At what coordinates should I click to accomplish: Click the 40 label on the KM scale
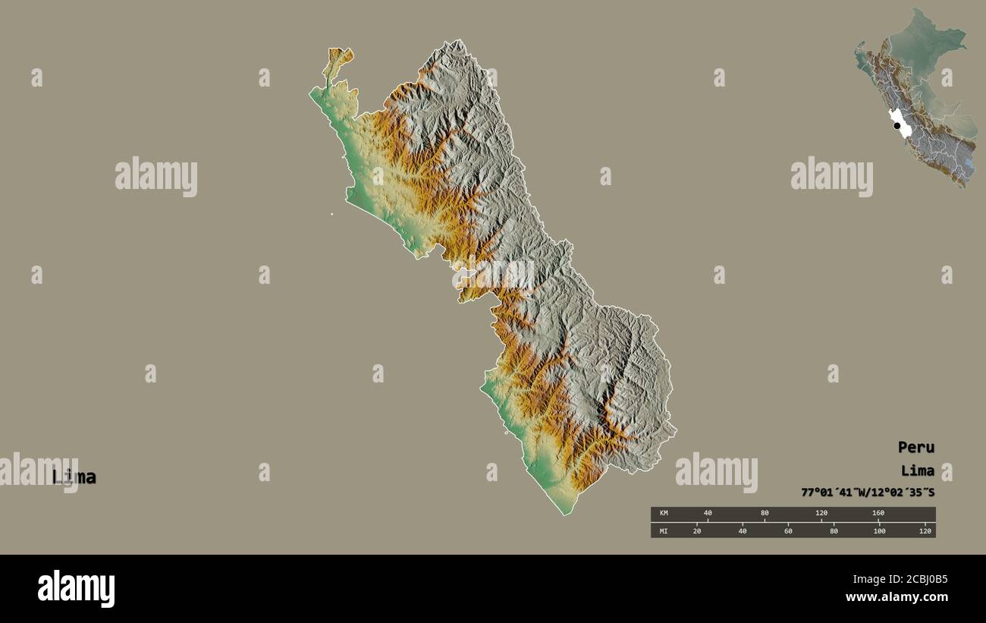[x=708, y=514]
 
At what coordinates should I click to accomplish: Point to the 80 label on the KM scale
[x=765, y=514]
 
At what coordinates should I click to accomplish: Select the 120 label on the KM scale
[x=821, y=514]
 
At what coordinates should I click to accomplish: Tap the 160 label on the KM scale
[x=878, y=514]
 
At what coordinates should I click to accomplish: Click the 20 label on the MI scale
[x=697, y=530]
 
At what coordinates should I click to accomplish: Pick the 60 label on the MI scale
[x=788, y=530]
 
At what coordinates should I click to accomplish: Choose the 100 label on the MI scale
[x=879, y=530]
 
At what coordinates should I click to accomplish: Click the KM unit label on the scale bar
[x=664, y=514]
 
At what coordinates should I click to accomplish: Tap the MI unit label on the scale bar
[x=664, y=530]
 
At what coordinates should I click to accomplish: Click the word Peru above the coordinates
[x=915, y=447]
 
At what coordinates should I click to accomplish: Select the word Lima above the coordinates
[x=917, y=470]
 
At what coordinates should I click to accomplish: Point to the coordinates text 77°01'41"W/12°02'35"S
[x=868, y=492]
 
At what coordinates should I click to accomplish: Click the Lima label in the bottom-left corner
[x=74, y=477]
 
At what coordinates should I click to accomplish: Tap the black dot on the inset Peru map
[x=897, y=126]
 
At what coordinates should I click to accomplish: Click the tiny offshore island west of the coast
[x=331, y=214]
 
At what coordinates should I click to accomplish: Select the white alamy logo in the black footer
[x=76, y=589]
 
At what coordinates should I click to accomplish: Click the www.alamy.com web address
[x=897, y=597]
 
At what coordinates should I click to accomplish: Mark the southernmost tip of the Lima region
[x=564, y=515]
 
